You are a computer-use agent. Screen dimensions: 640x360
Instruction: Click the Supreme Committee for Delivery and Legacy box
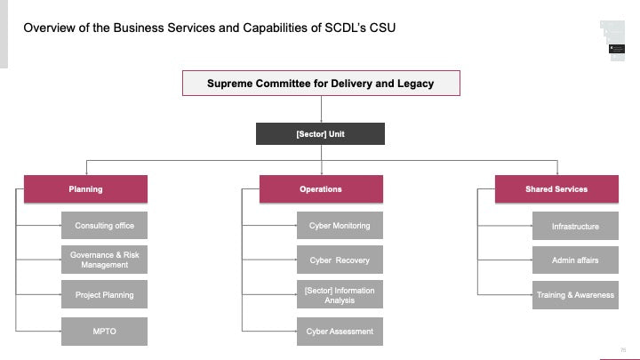(x=321, y=84)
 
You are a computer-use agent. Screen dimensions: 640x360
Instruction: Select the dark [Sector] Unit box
(x=320, y=134)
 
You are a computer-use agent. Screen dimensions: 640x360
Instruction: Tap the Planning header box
(x=85, y=189)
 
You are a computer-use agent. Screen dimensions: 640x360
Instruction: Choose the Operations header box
(x=321, y=189)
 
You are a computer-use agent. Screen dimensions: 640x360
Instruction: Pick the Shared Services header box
(x=556, y=189)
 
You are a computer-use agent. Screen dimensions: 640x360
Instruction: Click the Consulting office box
(x=105, y=225)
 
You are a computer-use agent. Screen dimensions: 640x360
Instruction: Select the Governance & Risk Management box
(x=105, y=260)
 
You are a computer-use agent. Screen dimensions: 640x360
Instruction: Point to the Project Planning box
(x=105, y=294)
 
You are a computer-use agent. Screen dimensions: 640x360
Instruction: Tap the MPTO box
(x=105, y=332)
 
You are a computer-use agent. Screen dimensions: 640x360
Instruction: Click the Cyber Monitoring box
(x=340, y=225)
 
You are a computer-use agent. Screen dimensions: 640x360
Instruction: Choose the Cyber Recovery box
(x=340, y=260)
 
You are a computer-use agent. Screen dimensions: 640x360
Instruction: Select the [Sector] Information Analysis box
(x=340, y=294)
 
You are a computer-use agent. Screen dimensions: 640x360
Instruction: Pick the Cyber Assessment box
(x=340, y=332)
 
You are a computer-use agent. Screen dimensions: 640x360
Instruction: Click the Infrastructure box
(x=575, y=226)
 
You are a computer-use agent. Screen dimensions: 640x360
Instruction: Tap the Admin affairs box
(x=575, y=260)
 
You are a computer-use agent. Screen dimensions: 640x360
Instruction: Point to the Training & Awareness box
(x=575, y=295)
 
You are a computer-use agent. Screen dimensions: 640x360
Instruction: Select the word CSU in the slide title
(x=382, y=28)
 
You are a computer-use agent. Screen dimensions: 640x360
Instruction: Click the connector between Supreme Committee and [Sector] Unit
(x=321, y=109)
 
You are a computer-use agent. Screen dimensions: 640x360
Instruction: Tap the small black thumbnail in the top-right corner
(x=617, y=49)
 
